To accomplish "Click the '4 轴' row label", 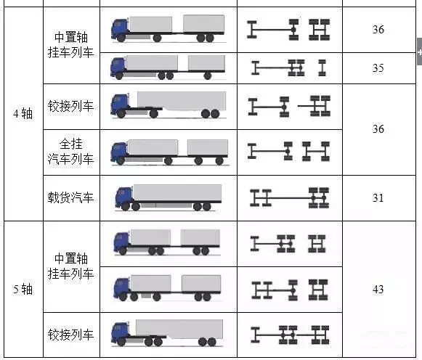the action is click(23, 113).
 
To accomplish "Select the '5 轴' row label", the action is click(23, 290).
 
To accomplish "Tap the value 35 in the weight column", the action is click(378, 68).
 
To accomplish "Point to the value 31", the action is click(378, 198).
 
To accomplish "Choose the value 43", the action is click(378, 290).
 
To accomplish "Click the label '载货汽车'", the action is click(70, 197).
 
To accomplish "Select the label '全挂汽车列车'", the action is click(70, 152).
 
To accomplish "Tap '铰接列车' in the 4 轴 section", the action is click(70, 106).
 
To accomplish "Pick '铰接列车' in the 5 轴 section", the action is click(70, 335).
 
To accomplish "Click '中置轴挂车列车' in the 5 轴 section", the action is click(70, 266).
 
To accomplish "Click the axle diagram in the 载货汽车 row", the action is click(289, 198).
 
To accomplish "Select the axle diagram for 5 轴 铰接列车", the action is click(290, 335).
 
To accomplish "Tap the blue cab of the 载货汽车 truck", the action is click(124, 197).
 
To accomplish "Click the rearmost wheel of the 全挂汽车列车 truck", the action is click(219, 161).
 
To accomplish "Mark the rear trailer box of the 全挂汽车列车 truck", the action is click(208, 147).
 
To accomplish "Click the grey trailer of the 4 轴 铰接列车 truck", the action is click(182, 101).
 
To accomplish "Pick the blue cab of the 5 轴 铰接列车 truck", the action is click(120, 332).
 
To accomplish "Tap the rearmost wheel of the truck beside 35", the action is click(208, 75).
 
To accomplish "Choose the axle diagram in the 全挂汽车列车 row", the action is click(288, 152).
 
